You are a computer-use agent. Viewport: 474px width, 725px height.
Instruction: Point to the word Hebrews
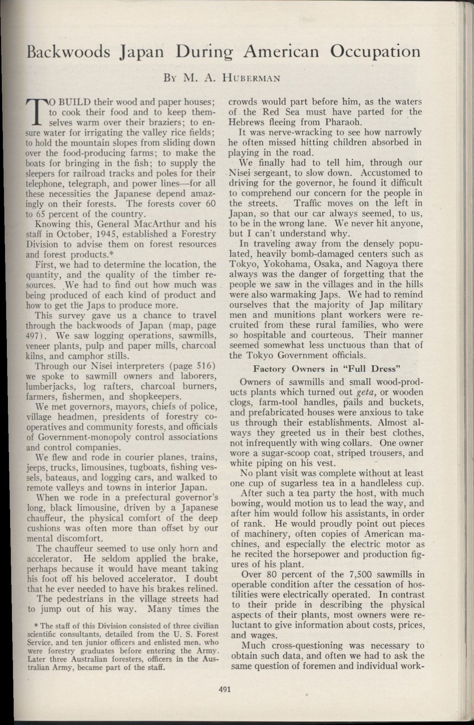pyautogui.click(x=245, y=123)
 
